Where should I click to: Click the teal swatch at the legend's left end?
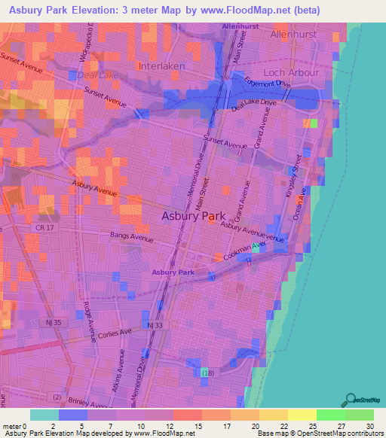(44, 415)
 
